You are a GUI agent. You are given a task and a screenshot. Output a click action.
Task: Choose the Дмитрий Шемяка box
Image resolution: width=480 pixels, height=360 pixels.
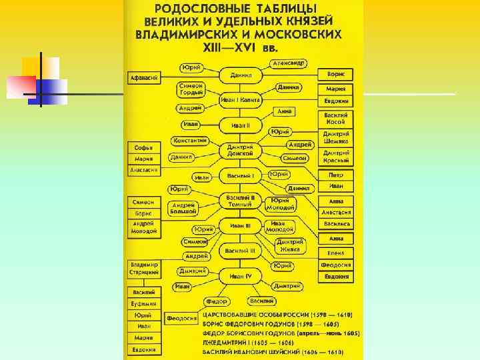[335, 137]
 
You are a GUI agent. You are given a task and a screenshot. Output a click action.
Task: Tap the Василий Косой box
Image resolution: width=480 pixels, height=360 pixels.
[335, 118]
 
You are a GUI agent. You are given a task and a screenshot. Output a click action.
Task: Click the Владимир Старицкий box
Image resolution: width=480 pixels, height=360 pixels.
[145, 268]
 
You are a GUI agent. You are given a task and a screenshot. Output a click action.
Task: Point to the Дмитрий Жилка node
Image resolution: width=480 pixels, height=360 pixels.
[291, 245]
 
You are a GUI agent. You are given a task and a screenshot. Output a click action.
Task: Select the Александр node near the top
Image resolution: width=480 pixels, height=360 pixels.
[289, 63]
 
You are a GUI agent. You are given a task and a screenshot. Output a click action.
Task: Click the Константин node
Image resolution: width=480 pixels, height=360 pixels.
[190, 141]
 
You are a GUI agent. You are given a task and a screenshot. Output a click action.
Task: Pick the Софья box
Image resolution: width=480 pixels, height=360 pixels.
[144, 147]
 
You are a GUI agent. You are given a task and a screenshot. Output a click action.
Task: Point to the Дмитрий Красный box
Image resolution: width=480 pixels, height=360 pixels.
[335, 156]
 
